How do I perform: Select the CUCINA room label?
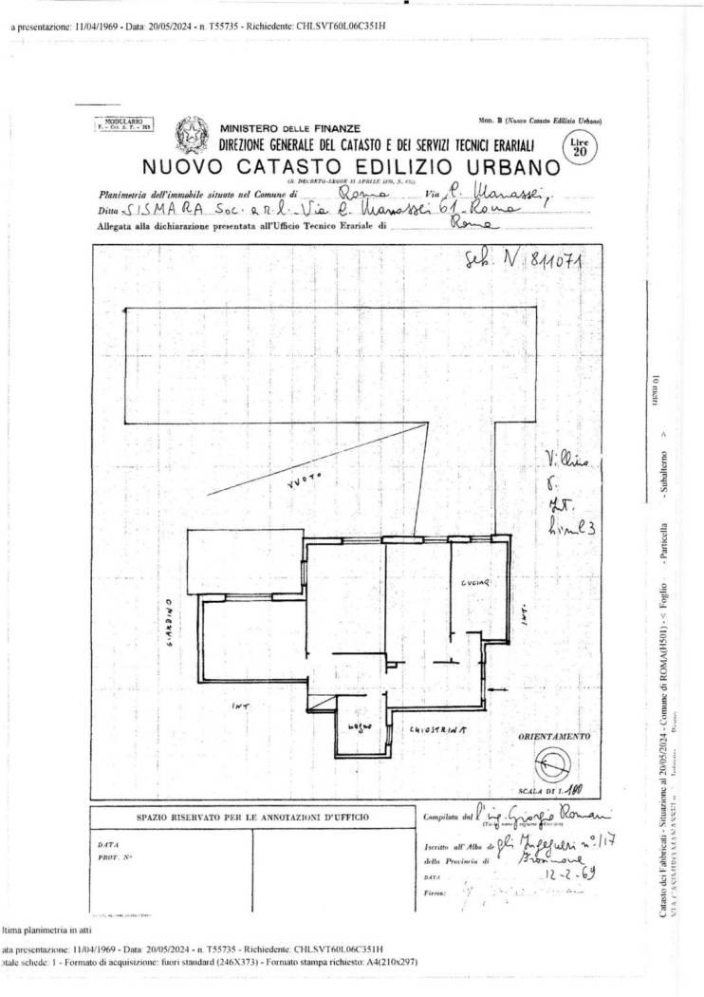coord(476,580)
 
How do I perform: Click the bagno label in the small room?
coord(358,727)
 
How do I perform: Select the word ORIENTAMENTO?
coord(553,736)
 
